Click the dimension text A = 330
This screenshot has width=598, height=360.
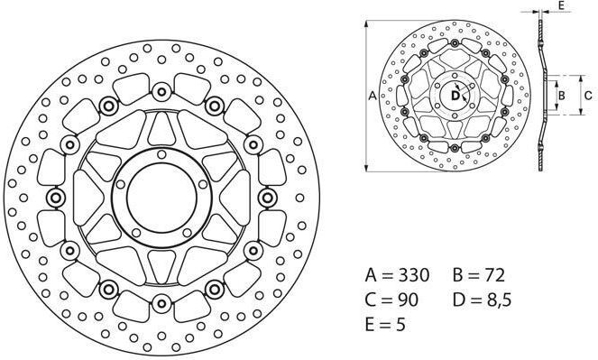click(397, 274)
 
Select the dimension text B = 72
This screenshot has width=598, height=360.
click(479, 274)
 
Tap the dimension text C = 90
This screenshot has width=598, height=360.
click(391, 300)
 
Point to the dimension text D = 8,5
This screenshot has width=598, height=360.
click(482, 300)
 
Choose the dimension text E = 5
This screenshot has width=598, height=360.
click(385, 325)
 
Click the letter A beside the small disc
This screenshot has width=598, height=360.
click(373, 96)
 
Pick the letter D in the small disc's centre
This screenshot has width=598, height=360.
click(455, 96)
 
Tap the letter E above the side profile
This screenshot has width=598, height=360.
click(561, 5)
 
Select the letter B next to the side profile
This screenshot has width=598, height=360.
click(561, 96)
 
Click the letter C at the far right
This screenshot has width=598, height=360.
click(588, 96)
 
